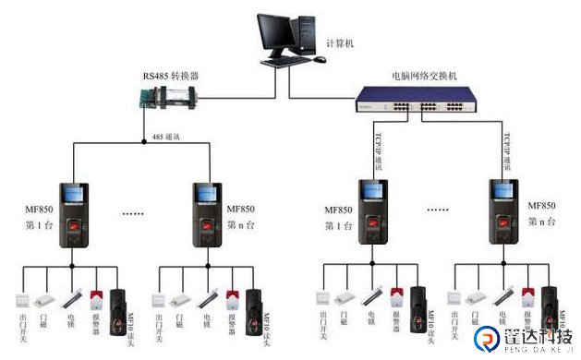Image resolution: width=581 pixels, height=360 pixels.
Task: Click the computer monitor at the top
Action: click(277, 32)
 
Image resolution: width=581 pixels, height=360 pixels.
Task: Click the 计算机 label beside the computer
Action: click(339, 43)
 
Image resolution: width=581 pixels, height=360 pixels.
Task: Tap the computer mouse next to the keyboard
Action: click(320, 59)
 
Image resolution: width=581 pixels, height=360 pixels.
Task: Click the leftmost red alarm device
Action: click(95, 297)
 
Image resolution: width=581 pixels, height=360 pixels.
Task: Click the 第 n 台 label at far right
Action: click(542, 222)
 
